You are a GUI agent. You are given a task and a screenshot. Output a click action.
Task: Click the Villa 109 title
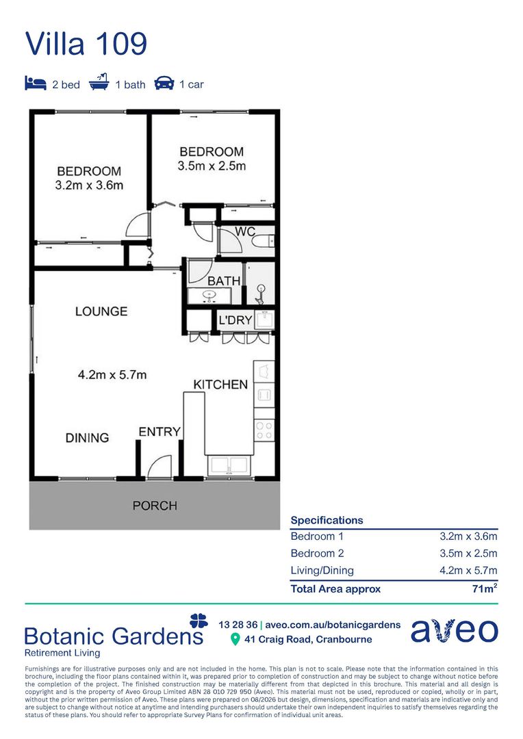(x=86, y=43)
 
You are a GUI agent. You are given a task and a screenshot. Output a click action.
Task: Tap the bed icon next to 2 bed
(x=36, y=83)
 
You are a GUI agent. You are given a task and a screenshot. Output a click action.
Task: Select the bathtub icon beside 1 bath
(x=99, y=82)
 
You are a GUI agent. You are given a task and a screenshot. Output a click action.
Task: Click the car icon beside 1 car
(x=164, y=83)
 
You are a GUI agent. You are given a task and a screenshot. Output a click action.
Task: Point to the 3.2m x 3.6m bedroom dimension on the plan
(x=89, y=185)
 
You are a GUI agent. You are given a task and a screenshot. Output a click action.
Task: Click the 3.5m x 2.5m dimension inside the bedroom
(x=212, y=166)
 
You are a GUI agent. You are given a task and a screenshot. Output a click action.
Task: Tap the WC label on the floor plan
(x=245, y=231)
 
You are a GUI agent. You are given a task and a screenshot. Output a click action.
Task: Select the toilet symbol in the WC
(x=263, y=242)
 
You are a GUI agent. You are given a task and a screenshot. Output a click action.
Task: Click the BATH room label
(x=224, y=281)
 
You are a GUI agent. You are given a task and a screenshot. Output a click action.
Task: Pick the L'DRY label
(x=235, y=320)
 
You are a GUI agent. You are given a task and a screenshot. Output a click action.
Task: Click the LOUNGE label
(x=101, y=311)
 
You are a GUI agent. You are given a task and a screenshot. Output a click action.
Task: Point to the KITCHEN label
(x=220, y=385)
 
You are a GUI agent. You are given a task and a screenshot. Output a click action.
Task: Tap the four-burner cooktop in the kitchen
(x=264, y=431)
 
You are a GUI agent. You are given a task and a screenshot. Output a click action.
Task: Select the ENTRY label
(x=160, y=431)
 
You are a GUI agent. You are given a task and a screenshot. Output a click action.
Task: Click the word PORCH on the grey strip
(x=155, y=506)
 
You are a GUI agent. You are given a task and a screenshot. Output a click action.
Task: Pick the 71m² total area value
(x=485, y=588)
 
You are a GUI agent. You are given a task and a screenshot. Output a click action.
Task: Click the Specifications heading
(x=327, y=520)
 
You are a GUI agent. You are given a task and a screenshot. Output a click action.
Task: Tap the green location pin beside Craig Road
(x=235, y=640)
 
